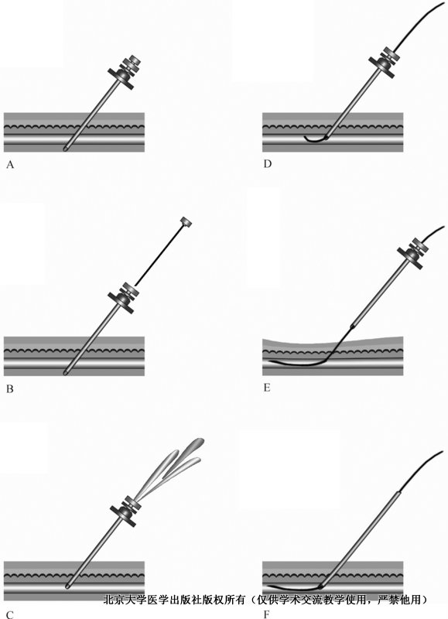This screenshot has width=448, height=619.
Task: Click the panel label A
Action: (10, 165)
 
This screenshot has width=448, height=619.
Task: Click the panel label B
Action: (10, 389)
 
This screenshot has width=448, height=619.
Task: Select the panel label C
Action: (10, 614)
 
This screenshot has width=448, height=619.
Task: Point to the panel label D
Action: (268, 164)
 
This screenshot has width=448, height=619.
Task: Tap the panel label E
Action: (267, 388)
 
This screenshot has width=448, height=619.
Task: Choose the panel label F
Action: (267, 614)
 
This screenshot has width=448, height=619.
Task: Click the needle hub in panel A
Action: (125, 72)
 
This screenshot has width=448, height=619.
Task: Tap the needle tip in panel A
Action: (66, 149)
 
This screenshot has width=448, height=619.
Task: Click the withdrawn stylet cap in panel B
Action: (186, 222)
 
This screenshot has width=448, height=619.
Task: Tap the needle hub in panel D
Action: (384, 62)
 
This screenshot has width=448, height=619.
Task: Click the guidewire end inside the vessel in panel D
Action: (306, 138)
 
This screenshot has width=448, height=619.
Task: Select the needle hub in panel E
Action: (413, 254)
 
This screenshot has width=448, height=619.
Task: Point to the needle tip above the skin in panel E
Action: (352, 326)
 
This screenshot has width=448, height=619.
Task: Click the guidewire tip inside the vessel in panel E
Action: (270, 361)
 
